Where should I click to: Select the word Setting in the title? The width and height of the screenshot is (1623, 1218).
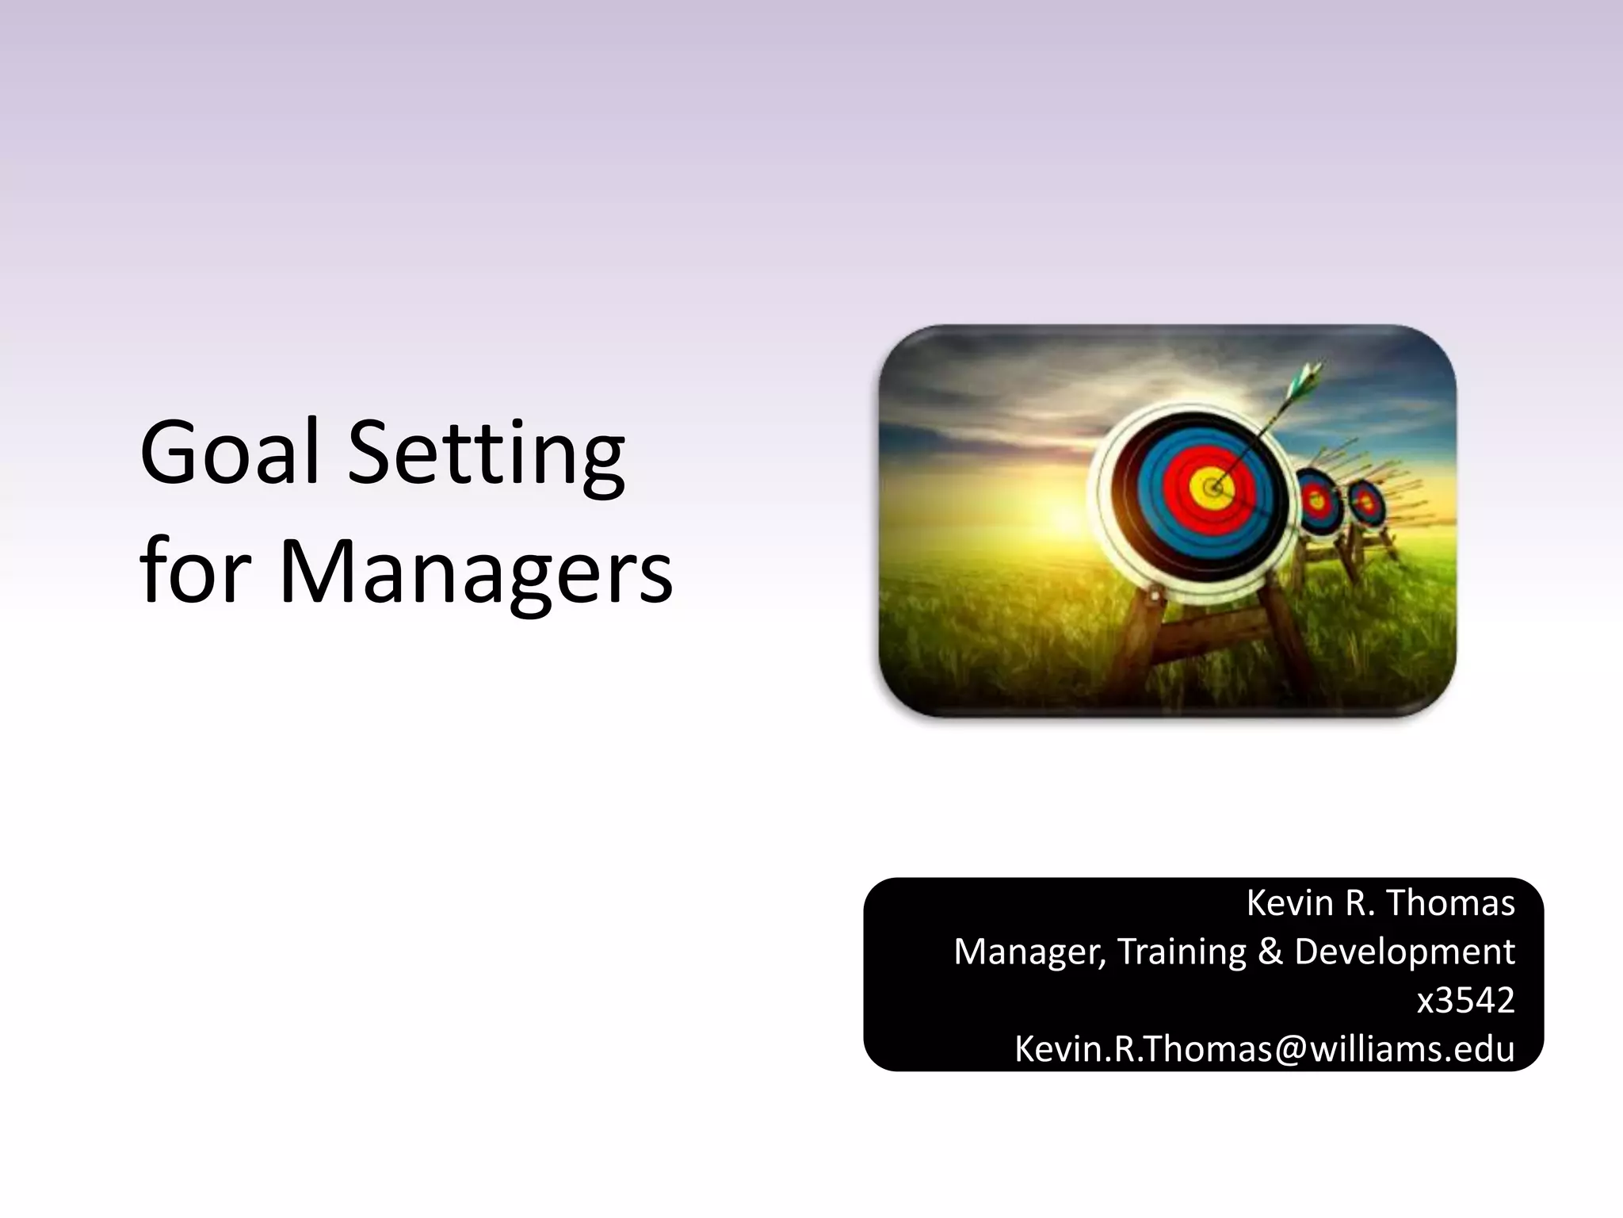click(487, 456)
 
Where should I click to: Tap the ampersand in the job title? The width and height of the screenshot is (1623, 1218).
click(1270, 952)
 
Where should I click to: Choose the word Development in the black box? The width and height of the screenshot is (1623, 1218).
click(1404, 952)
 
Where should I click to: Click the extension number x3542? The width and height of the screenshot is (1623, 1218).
click(1465, 1001)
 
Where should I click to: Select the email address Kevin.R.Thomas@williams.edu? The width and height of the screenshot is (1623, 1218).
click(1264, 1049)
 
